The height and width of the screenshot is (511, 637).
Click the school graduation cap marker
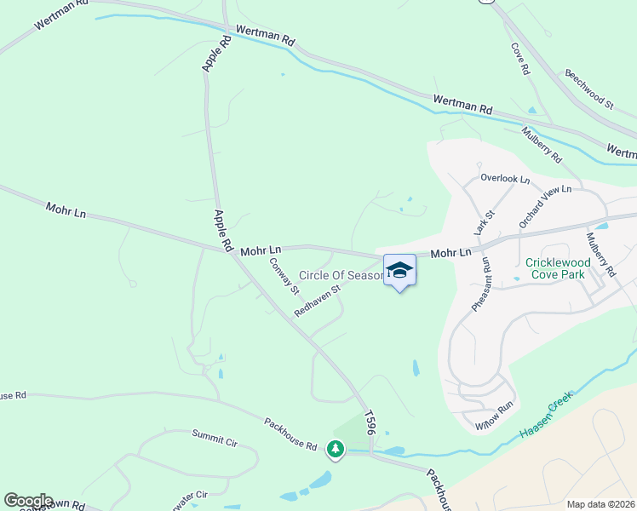pyautogui.click(x=399, y=270)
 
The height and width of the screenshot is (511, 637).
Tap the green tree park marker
pyautogui.click(x=336, y=448)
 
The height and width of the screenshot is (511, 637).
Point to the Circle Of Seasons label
pyautogui.click(x=341, y=276)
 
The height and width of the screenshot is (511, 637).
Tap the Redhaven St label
pyautogui.click(x=317, y=301)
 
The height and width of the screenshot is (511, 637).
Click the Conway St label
pyautogui.click(x=284, y=276)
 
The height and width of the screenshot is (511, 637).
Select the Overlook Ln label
pyautogui.click(x=505, y=179)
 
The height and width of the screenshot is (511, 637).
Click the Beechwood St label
pyautogui.click(x=588, y=89)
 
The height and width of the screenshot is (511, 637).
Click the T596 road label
pyautogui.click(x=370, y=423)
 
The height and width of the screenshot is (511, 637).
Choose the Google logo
pyautogui.click(x=28, y=501)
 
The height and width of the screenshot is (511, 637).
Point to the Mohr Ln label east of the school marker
pyautogui.click(x=450, y=253)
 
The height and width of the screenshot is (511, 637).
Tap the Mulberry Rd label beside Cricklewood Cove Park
pyautogui.click(x=600, y=253)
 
